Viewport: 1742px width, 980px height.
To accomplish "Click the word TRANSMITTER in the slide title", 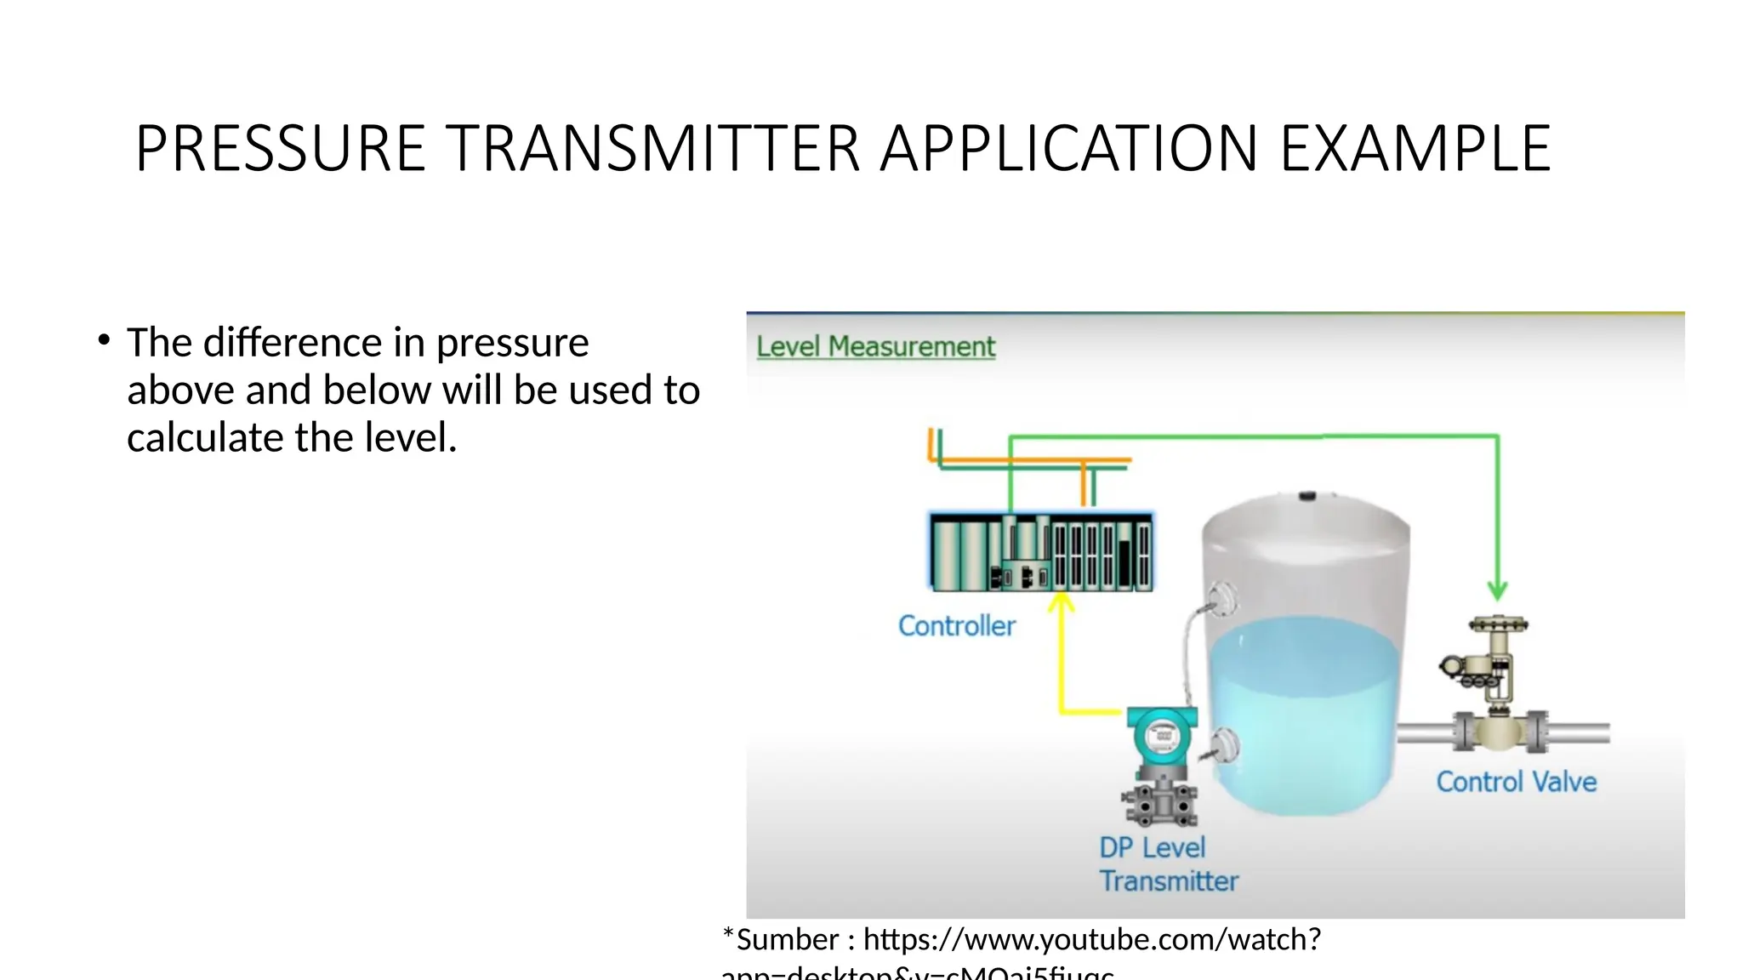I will tap(652, 149).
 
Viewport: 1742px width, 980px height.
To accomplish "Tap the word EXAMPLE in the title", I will tap(1415, 149).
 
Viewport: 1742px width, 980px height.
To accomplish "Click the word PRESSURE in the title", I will tap(281, 149).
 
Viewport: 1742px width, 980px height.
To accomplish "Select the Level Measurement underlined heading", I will tap(875, 347).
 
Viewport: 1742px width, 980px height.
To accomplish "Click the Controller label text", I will tap(956, 626).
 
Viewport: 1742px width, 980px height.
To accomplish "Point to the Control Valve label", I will tap(1516, 782).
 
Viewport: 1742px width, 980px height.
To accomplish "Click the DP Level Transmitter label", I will tap(1168, 864).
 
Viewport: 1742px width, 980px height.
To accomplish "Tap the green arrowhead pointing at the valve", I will tap(1497, 590).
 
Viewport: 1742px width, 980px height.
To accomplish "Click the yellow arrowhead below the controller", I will tap(1061, 602).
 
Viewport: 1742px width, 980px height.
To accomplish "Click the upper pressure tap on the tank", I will tap(1221, 599).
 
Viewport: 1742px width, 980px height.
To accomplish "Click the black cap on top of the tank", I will tap(1307, 495).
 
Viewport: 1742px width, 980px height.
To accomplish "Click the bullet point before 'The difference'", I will tap(104, 341).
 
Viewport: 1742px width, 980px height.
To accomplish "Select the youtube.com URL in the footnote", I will tap(1092, 940).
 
